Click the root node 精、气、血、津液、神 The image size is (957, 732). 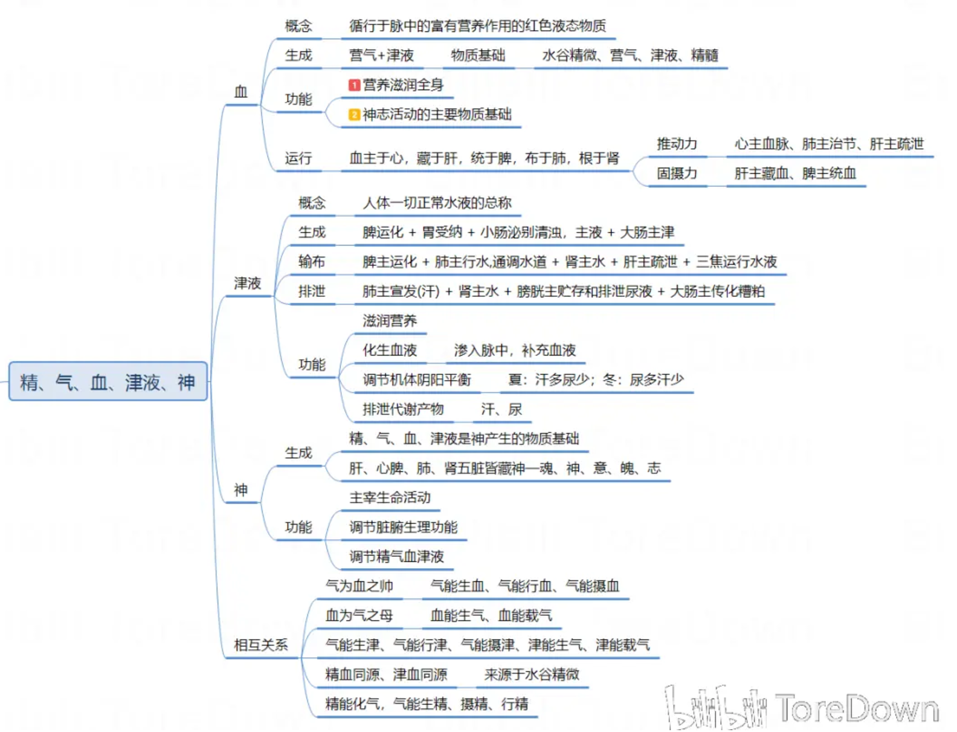click(x=108, y=381)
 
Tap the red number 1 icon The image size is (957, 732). click(x=354, y=85)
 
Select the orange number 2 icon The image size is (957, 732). click(x=354, y=115)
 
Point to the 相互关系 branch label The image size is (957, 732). click(x=260, y=645)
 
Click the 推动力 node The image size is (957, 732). click(x=677, y=144)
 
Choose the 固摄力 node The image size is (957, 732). click(x=677, y=173)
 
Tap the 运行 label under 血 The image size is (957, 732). click(x=298, y=158)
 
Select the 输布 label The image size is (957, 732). click(x=312, y=262)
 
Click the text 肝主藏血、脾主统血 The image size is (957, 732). click(x=795, y=173)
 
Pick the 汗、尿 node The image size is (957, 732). click(x=501, y=410)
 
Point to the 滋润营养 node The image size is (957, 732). click(x=390, y=321)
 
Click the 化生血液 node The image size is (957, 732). click(x=390, y=351)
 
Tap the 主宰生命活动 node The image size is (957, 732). click(x=390, y=498)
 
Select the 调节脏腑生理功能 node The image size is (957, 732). click(x=403, y=528)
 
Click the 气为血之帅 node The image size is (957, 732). click(x=359, y=586)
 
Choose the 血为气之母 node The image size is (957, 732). click(x=359, y=616)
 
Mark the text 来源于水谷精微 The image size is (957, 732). click(x=532, y=675)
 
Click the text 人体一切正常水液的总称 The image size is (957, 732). click(x=437, y=203)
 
